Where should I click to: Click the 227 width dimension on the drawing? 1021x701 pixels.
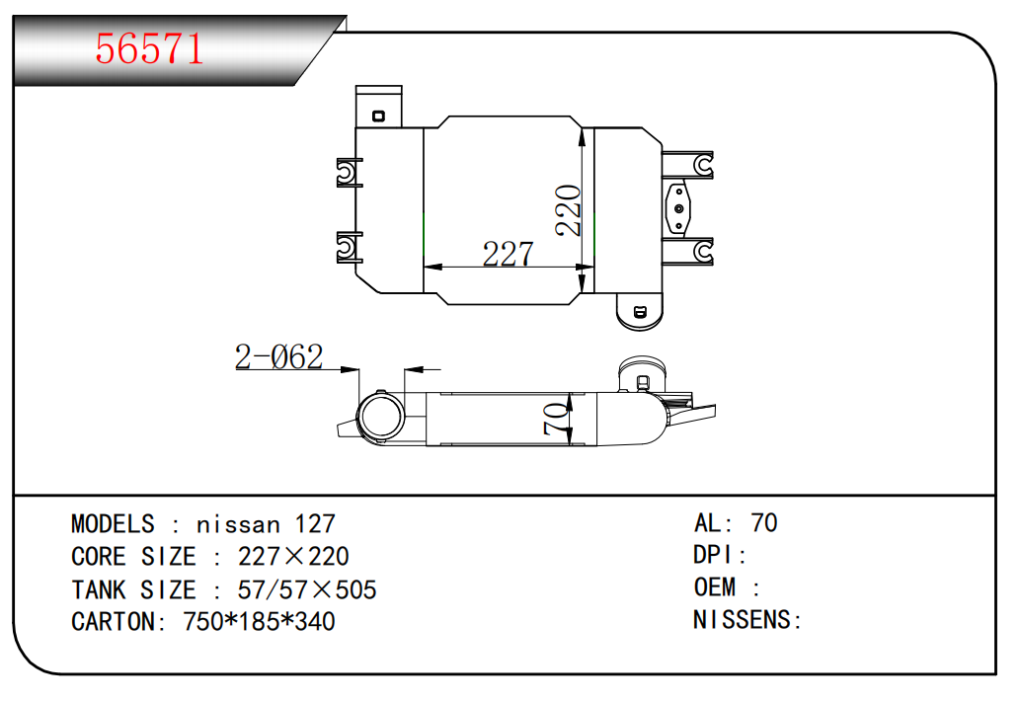pyautogui.click(x=508, y=254)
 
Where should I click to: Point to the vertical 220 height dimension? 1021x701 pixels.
pyautogui.click(x=569, y=209)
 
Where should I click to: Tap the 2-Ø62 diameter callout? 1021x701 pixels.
pyautogui.click(x=279, y=356)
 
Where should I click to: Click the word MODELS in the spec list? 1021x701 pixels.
pyautogui.click(x=113, y=524)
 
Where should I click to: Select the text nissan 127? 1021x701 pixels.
pyautogui.click(x=267, y=524)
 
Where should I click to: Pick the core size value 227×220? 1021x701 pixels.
pyautogui.click(x=293, y=557)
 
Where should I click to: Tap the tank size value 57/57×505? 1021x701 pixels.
pyautogui.click(x=307, y=590)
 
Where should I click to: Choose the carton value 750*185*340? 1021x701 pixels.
pyautogui.click(x=260, y=622)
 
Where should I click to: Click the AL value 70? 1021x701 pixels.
pyautogui.click(x=764, y=523)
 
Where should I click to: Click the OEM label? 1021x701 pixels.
pyautogui.click(x=715, y=588)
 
